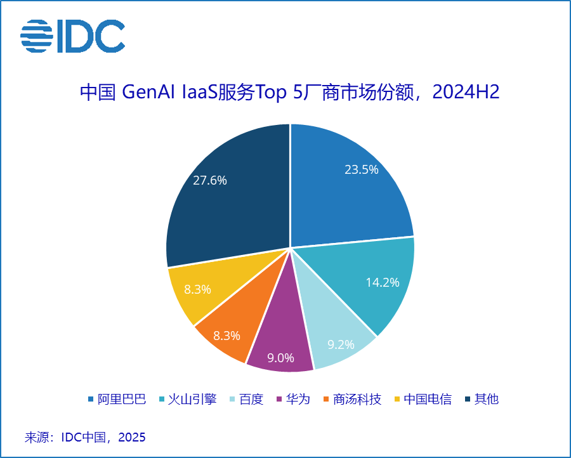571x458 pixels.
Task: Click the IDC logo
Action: [72, 36]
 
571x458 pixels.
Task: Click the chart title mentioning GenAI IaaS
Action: [290, 92]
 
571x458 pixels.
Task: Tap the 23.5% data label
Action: [361, 169]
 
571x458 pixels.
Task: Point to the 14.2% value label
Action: [382, 282]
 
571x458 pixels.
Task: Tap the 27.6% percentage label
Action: [210, 180]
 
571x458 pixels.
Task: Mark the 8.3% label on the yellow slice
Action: [197, 289]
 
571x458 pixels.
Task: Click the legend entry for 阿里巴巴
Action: [117, 399]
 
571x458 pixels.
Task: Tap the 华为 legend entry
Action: [293, 399]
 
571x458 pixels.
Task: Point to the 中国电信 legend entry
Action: [423, 399]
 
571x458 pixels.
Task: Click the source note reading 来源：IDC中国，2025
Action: [85, 437]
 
